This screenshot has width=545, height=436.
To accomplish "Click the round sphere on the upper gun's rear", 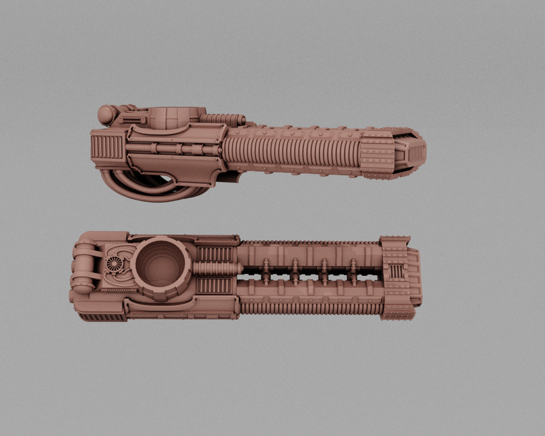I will pyautogui.click(x=107, y=115).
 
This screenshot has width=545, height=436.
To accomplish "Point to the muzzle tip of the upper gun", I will pyautogui.click(x=419, y=150).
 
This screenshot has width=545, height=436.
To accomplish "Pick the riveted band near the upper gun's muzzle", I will pyautogui.click(x=377, y=153).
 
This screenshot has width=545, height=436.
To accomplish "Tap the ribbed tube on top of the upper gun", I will pyautogui.click(x=223, y=118).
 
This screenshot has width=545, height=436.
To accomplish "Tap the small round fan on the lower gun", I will pyautogui.click(x=116, y=264).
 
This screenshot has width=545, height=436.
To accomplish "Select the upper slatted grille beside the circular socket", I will pyautogui.click(x=214, y=254).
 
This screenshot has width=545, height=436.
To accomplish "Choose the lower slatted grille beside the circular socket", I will pyautogui.click(x=214, y=286).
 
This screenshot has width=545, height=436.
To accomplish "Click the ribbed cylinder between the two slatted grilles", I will pyautogui.click(x=214, y=269).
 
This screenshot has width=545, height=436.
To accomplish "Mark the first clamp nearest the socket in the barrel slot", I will pyautogui.click(x=266, y=272).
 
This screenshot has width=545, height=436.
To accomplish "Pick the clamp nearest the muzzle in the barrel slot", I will pyautogui.click(x=353, y=272).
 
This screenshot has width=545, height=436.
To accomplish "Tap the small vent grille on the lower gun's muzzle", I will pyautogui.click(x=396, y=272).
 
